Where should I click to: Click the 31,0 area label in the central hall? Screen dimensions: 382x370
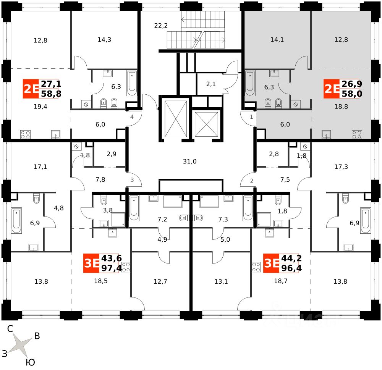tap(189, 162)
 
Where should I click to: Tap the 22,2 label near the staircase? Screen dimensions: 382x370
tap(161, 26)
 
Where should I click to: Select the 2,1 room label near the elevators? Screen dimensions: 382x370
tap(211, 84)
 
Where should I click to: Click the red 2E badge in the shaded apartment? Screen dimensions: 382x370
tap(331, 89)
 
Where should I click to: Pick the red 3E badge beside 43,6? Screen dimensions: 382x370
tap(91, 263)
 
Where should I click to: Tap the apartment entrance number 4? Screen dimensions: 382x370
tap(132, 117)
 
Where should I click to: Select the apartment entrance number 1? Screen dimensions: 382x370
tap(251, 117)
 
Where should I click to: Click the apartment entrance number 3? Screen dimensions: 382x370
tap(132, 180)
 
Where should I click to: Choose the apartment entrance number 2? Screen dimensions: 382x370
tap(252, 181)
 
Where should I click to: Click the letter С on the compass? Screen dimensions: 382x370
tap(11, 329)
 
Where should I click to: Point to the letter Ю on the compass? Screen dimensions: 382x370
tap(31, 362)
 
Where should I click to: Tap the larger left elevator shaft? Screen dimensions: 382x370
tap(175, 119)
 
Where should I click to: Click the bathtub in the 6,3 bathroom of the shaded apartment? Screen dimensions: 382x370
tap(250, 83)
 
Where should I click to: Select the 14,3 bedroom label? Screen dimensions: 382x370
tap(104, 39)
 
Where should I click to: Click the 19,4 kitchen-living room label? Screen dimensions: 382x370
tap(40, 107)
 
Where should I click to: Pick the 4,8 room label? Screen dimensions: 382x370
tap(59, 208)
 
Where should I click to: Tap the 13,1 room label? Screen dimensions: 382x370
tap(221, 282)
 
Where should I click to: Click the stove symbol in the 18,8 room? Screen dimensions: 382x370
tap(357, 134)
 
